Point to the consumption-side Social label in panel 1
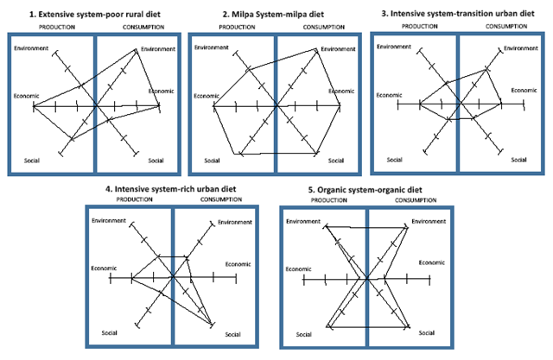(156, 161)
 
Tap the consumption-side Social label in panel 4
(232, 334)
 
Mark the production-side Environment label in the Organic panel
(302, 223)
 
